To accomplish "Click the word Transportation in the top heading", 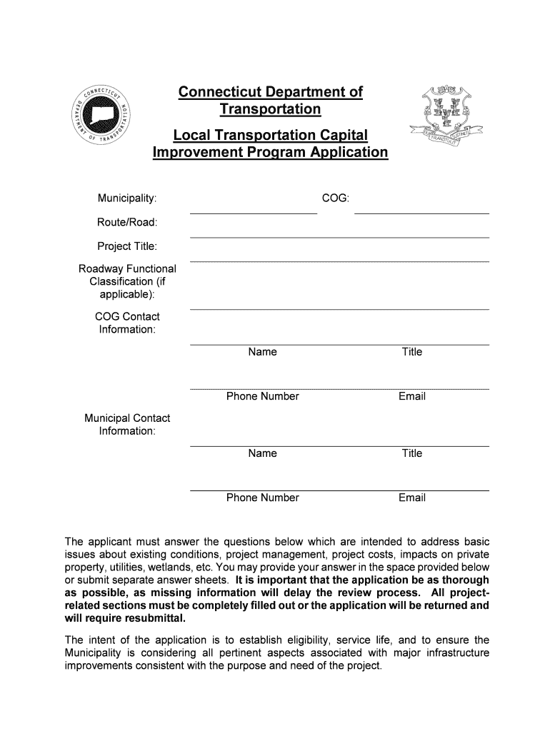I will tap(270, 109).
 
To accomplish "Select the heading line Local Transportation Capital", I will tap(270, 136).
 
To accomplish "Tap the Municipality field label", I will tap(127, 197).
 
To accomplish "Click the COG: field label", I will tap(335, 197).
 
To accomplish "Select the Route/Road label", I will tap(127, 222).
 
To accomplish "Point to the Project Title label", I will tap(127, 246).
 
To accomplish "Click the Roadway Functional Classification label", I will tap(127, 281).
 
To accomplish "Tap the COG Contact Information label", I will tap(127, 323).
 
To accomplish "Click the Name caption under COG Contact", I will tap(262, 352).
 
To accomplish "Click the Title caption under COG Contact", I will tap(412, 352).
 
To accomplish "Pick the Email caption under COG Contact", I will tap(412, 396).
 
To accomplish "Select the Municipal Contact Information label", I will tap(127, 425).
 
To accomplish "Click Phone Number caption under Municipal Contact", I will tap(262, 498).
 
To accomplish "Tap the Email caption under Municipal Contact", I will tap(412, 498).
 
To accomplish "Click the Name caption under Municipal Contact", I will tap(262, 453).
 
